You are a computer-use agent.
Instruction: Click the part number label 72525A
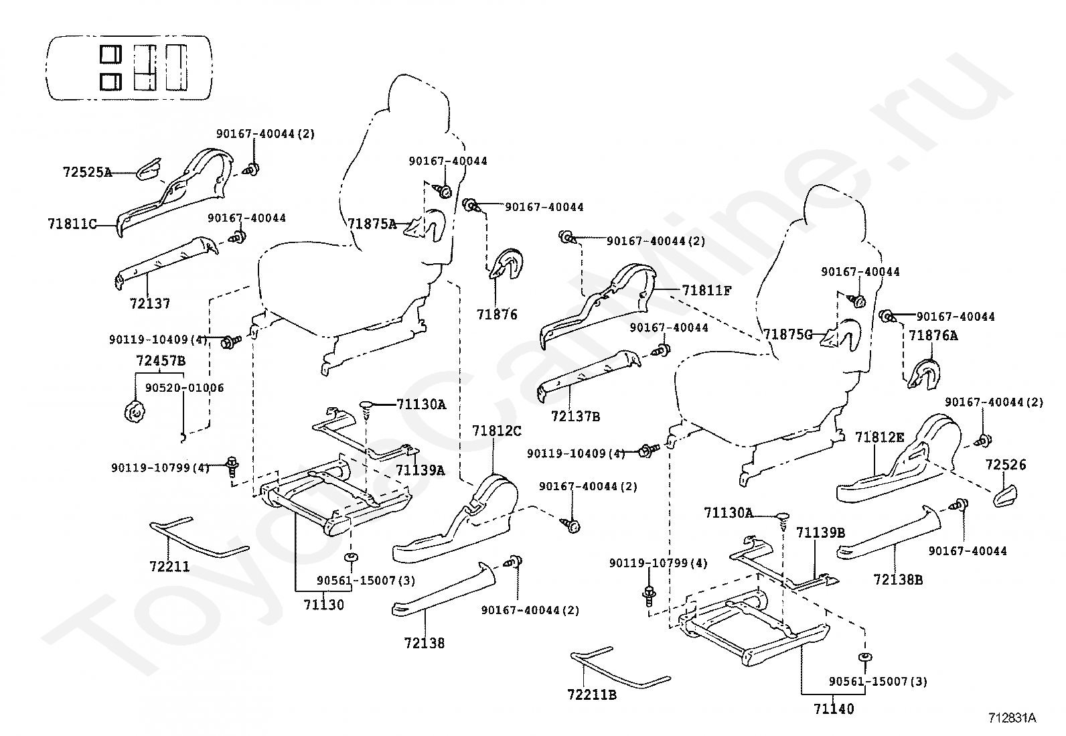pyautogui.click(x=88, y=172)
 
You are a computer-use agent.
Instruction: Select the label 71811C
pyautogui.click(x=72, y=224)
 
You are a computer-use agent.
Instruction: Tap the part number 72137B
pyautogui.click(x=575, y=417)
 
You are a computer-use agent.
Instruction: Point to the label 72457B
pyautogui.click(x=161, y=361)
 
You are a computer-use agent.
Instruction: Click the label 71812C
pyautogui.click(x=496, y=431)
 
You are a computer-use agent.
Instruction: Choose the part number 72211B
pyautogui.click(x=592, y=695)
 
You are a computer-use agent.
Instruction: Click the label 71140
pyautogui.click(x=834, y=709)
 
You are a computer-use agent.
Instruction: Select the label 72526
pyautogui.click(x=1006, y=465)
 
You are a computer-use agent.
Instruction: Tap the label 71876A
pyautogui.click(x=933, y=336)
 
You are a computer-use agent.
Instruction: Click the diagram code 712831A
pyautogui.click(x=1012, y=718)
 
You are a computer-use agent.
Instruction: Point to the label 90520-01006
pyautogui.click(x=185, y=388)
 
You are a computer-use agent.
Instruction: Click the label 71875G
pyautogui.click(x=788, y=335)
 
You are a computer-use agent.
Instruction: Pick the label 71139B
pyautogui.click(x=821, y=532)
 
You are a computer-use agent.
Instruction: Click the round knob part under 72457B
pyautogui.click(x=134, y=411)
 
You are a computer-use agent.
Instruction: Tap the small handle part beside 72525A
pyautogui.click(x=149, y=169)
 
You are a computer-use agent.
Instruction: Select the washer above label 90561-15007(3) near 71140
pyautogui.click(x=864, y=657)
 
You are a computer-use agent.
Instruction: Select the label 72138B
pyautogui.click(x=898, y=580)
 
